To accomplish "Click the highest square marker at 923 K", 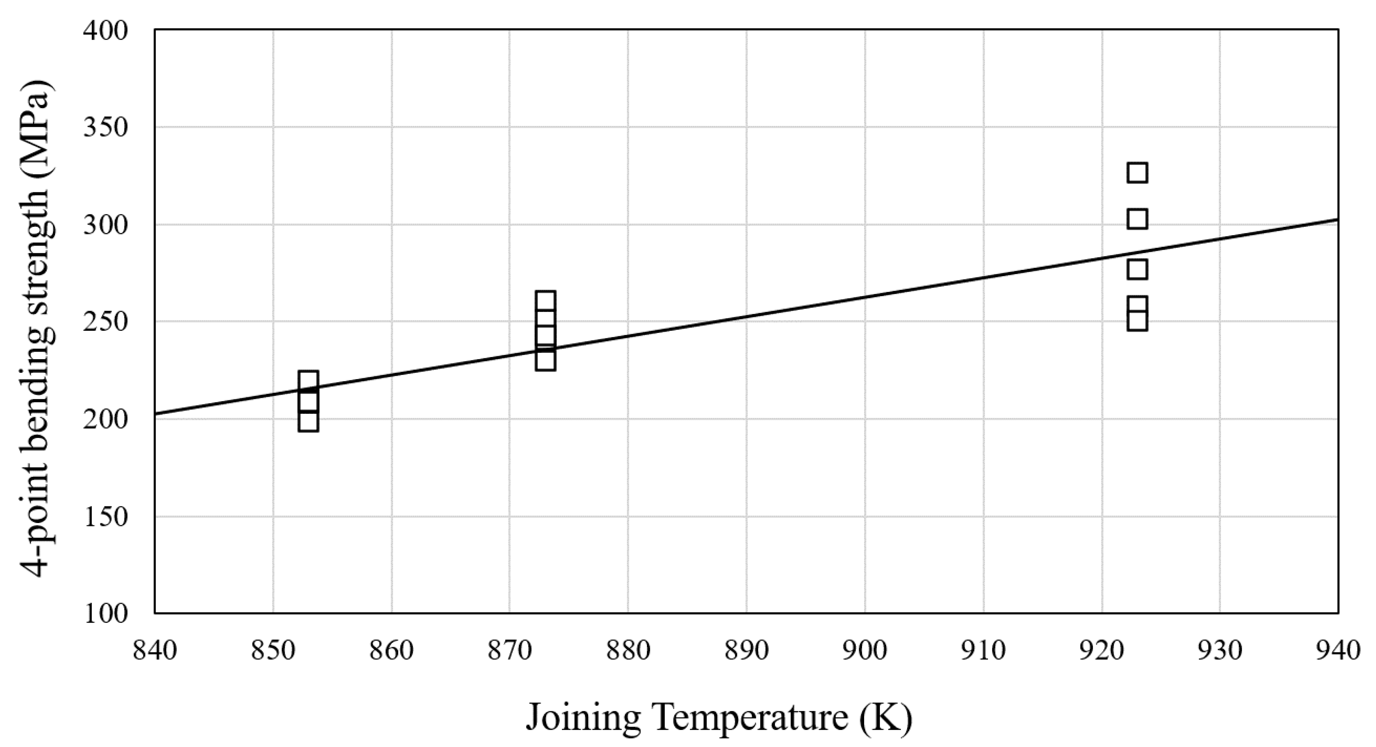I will tap(1137, 173).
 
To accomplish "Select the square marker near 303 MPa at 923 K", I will tap(1137, 219).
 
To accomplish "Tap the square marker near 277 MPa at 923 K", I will tap(1137, 270).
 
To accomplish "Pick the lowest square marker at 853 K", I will tap(308, 422).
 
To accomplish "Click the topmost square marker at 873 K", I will tap(545, 301).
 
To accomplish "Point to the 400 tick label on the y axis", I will tap(106, 31).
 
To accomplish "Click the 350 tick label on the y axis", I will tap(106, 128).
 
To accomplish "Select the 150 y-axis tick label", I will tap(106, 517).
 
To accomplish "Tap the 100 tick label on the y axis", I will tap(106, 614).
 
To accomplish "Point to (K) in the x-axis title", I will tap(886, 718).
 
